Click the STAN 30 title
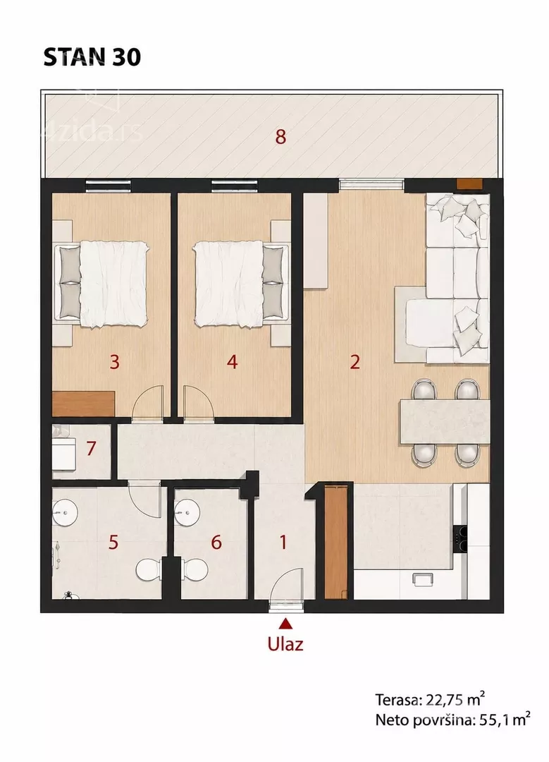click(x=92, y=57)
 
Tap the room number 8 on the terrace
click(x=280, y=137)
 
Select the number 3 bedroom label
click(x=115, y=362)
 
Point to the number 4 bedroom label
click(x=232, y=362)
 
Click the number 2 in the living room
click(x=354, y=362)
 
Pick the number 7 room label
click(x=91, y=448)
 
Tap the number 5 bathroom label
click(x=113, y=542)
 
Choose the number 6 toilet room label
click(x=216, y=542)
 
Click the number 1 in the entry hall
click(x=283, y=542)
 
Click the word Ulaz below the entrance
click(x=285, y=644)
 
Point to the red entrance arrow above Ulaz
click(x=286, y=624)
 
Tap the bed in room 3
click(x=102, y=284)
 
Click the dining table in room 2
click(x=444, y=421)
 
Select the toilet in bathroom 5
click(x=149, y=569)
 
